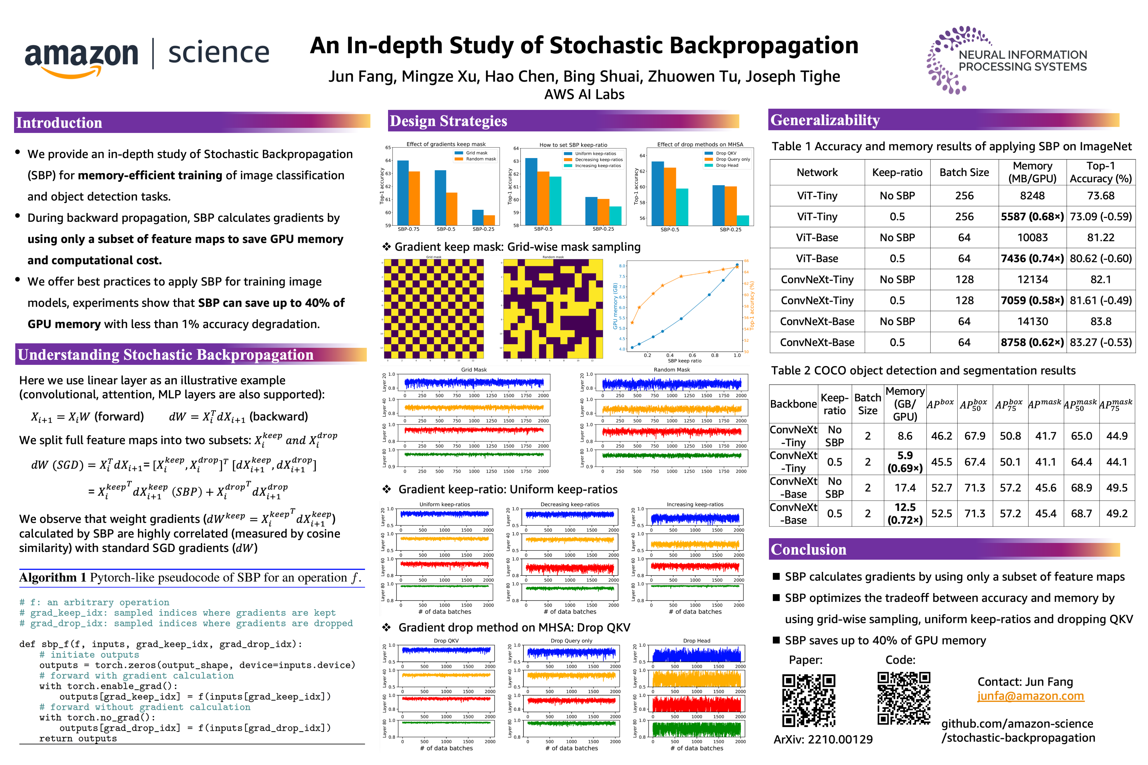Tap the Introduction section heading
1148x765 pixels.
click(x=59, y=123)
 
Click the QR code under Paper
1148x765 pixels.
click(x=808, y=700)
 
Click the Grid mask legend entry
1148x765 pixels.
click(x=476, y=153)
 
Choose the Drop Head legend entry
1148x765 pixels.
click(x=727, y=165)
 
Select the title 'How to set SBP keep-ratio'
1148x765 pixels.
click(x=573, y=145)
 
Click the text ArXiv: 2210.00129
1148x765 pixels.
click(x=823, y=740)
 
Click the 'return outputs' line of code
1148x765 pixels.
click(x=78, y=739)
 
